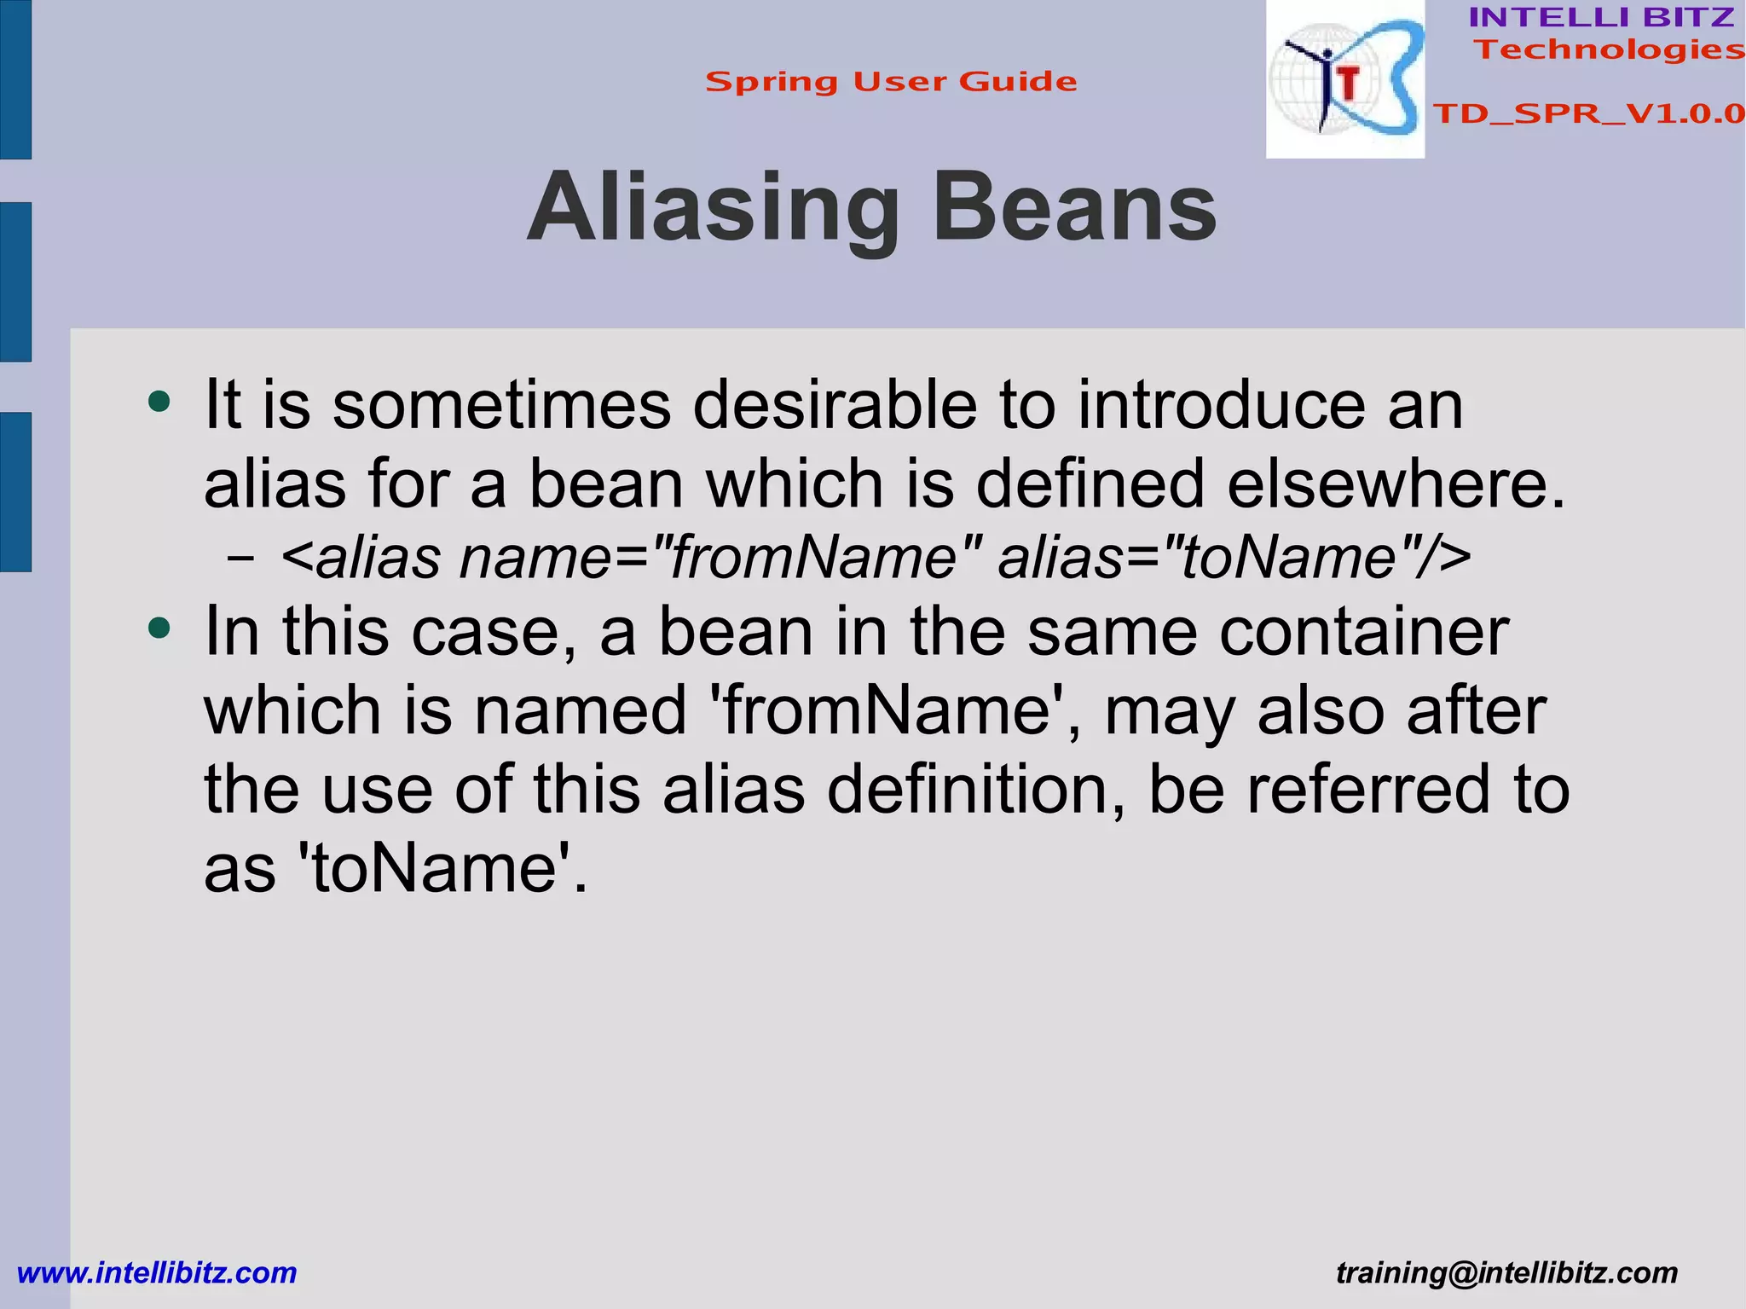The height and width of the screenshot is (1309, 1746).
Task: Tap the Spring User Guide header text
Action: coord(891,82)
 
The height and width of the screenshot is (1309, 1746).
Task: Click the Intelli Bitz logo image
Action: coord(1344,79)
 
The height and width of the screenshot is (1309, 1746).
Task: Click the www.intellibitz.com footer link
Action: coord(157,1272)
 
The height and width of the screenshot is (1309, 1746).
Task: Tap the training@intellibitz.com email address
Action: coord(1506,1272)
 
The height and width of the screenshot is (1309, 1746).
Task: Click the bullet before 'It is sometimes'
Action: coord(159,401)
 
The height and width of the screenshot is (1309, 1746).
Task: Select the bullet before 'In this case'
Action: coord(159,628)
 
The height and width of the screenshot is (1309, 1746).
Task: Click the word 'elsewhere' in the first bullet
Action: coord(1385,484)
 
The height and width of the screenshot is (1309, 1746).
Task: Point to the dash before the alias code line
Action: coord(240,559)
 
